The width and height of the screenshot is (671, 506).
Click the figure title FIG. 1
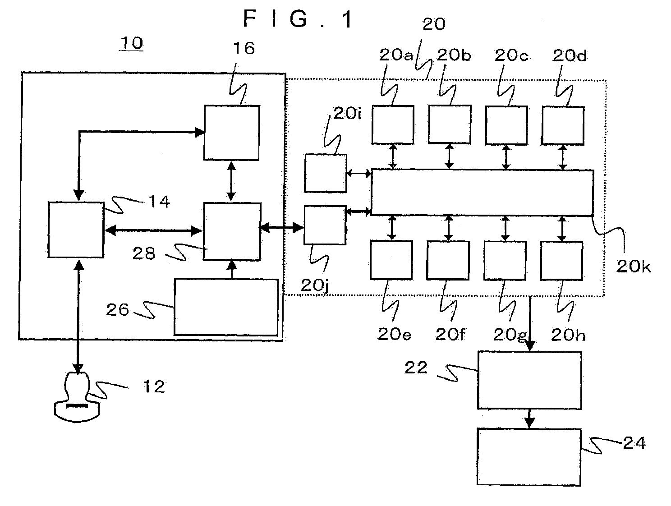(x=299, y=19)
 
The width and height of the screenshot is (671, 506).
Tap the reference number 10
(x=132, y=43)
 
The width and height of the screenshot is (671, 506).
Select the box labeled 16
(x=232, y=133)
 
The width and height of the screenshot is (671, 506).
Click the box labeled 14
(x=76, y=230)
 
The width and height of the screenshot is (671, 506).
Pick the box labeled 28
(x=232, y=231)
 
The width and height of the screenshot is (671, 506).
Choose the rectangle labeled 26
(x=226, y=307)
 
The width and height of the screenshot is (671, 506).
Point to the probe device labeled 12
(x=77, y=397)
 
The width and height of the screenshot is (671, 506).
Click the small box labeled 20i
(x=326, y=173)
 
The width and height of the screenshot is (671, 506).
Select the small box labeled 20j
(x=325, y=225)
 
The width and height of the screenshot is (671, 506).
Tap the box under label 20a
(x=393, y=125)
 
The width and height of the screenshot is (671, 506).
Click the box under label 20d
(x=563, y=126)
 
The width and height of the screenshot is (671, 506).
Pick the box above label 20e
(x=391, y=260)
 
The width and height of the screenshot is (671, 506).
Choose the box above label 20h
(x=561, y=261)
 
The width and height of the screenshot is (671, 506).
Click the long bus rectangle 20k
(x=483, y=193)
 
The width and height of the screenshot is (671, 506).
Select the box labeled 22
(x=529, y=380)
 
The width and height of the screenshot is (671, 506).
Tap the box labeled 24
(x=529, y=457)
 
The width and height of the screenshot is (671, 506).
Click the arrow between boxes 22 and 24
(x=529, y=419)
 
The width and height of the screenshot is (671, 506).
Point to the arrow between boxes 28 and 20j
(x=281, y=227)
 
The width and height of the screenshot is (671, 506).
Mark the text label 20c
(x=511, y=55)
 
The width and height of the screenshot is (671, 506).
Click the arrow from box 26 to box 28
(x=233, y=269)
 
